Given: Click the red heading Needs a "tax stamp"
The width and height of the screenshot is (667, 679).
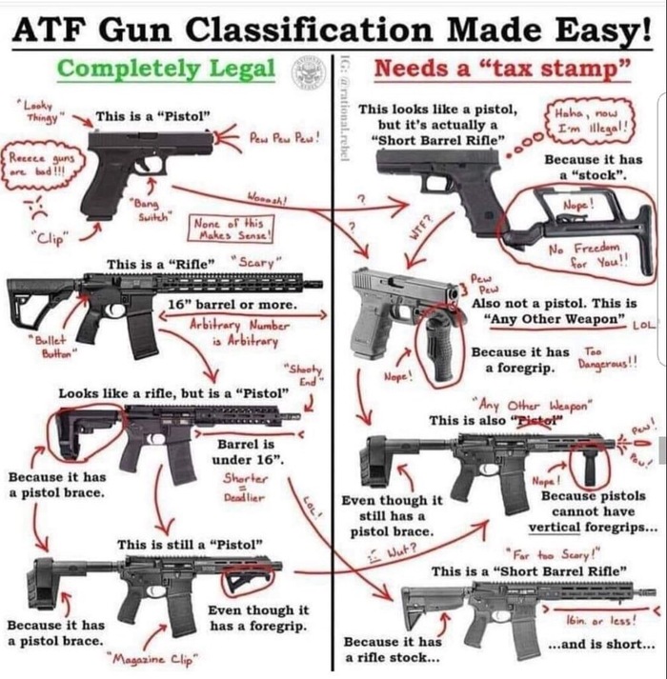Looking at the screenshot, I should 502,69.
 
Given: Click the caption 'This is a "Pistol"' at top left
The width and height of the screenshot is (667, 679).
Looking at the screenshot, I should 152,116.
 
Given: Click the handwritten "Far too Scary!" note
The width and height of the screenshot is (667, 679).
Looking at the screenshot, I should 546,552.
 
